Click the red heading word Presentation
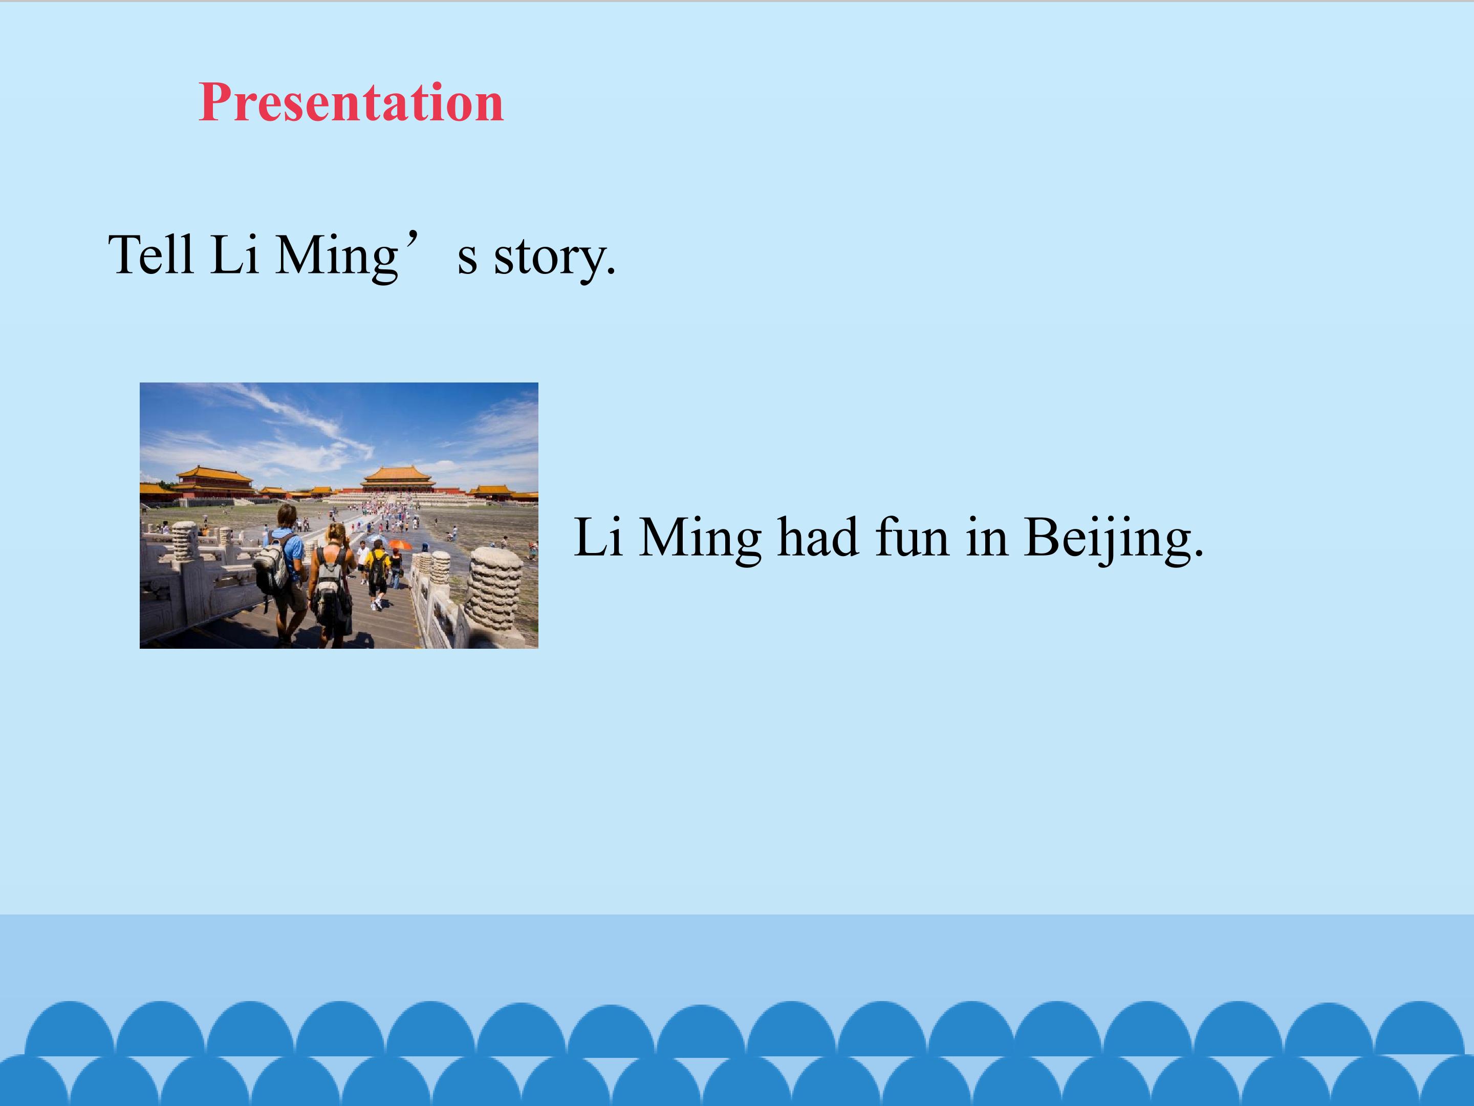351,103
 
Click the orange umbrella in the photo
400,544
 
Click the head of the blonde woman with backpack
336,534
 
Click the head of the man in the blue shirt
287,515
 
